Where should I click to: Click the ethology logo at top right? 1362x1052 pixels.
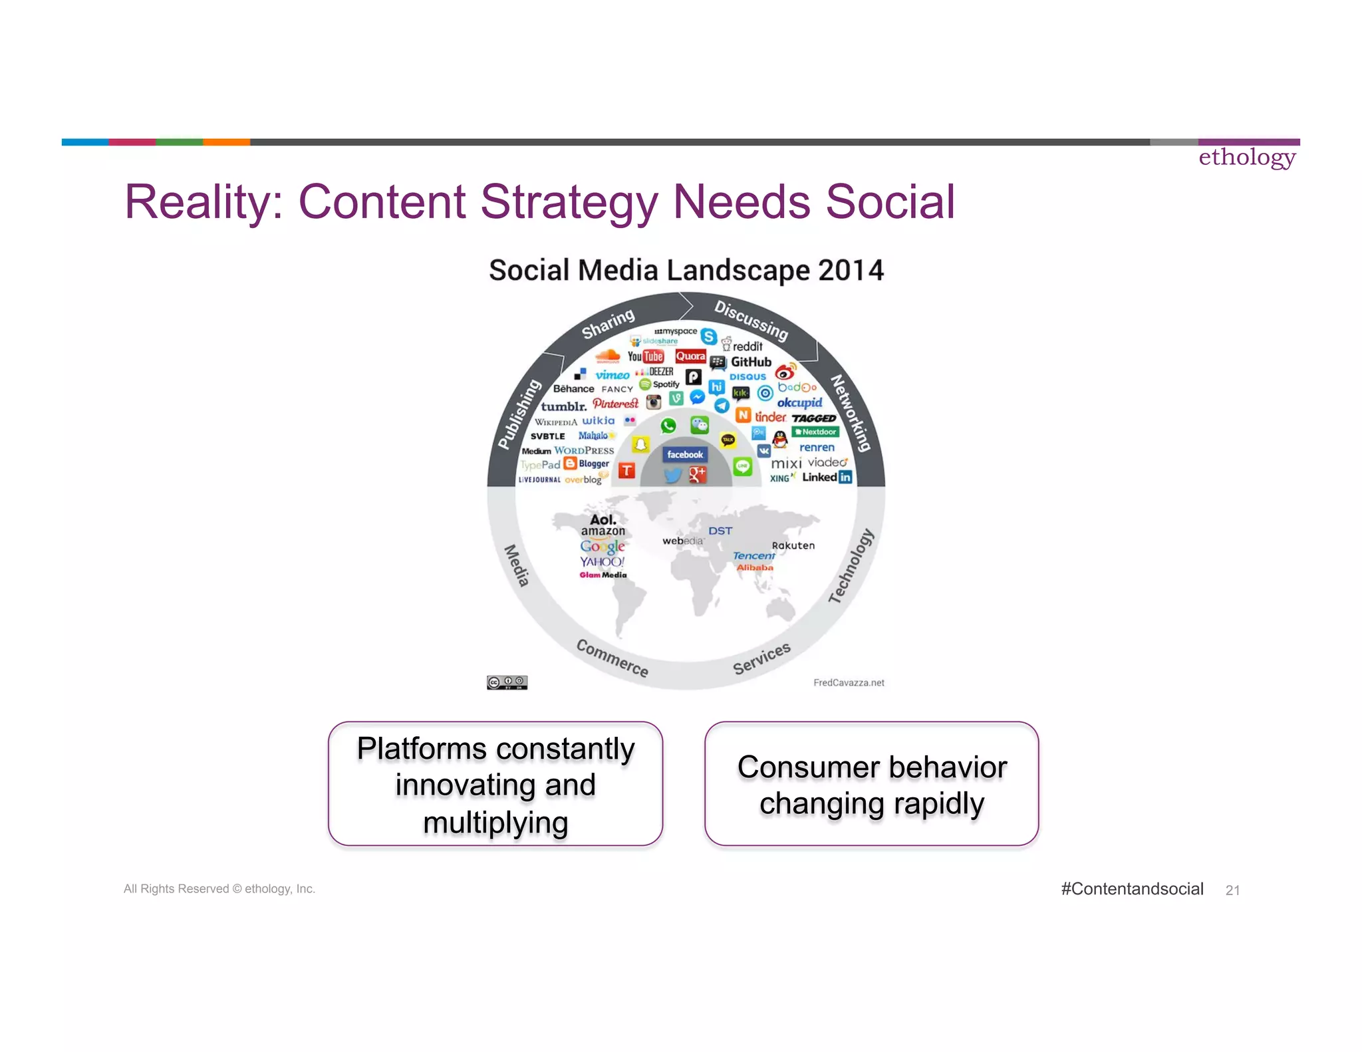coord(1247,158)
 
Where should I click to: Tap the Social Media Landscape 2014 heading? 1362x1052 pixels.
coord(686,271)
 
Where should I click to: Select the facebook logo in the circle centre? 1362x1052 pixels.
coord(685,455)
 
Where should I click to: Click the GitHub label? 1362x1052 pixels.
coord(751,362)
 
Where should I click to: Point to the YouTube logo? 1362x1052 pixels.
coord(646,356)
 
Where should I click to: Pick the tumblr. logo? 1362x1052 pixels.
coord(563,406)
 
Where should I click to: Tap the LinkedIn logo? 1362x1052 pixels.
coord(827,477)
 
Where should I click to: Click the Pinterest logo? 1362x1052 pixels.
coord(615,404)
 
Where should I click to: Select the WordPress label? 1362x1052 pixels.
coord(584,450)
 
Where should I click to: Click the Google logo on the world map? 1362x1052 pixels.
coord(603,547)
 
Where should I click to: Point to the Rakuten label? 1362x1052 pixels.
coord(793,545)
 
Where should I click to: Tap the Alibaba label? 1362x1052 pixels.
coord(755,567)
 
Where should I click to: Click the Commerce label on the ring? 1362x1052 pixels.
coord(612,658)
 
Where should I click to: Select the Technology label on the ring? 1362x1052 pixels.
coord(851,566)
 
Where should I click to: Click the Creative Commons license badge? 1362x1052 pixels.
coord(507,682)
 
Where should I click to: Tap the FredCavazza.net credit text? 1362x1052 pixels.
coord(849,682)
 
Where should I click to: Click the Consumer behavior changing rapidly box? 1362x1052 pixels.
coord(871,784)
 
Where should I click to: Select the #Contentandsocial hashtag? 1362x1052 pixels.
coord(1132,889)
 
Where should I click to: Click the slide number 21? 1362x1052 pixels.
coord(1232,890)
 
